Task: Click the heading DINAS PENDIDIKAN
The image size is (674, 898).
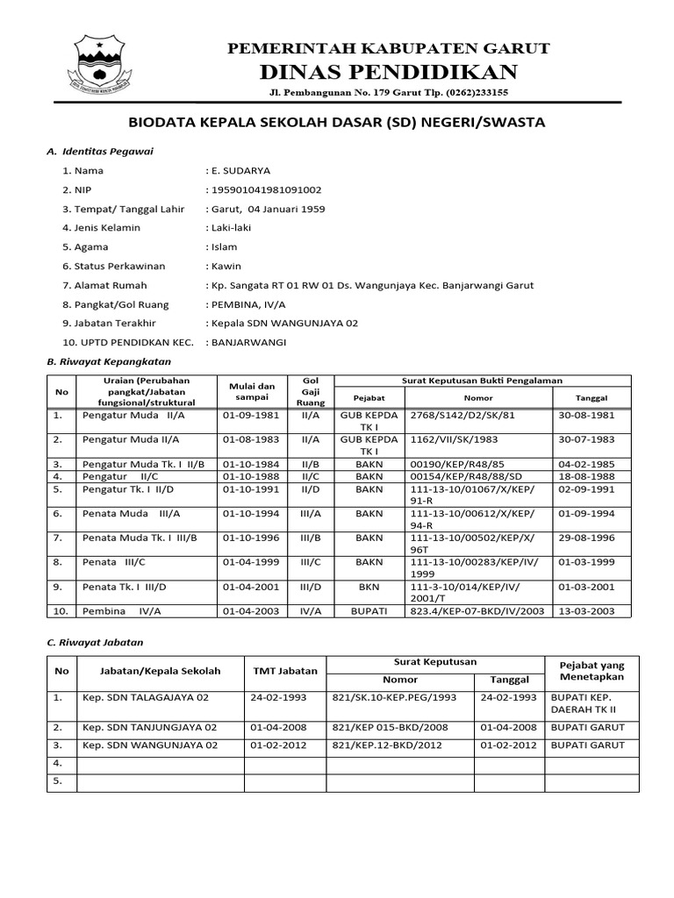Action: (388, 71)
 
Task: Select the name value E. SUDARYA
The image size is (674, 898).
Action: (240, 170)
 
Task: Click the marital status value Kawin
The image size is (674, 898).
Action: (225, 266)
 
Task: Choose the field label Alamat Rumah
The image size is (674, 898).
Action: (104, 285)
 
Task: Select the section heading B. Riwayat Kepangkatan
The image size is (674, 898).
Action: (108, 360)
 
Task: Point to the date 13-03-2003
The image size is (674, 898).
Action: (585, 610)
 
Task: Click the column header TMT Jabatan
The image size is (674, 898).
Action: (285, 671)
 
